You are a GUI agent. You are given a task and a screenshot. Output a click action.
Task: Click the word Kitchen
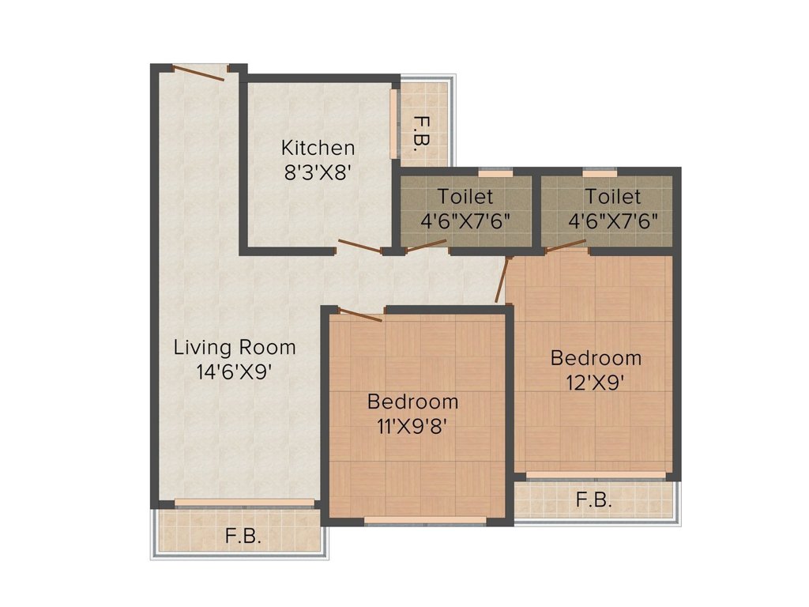pyautogui.click(x=318, y=148)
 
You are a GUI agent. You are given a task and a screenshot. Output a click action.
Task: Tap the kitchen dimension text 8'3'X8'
pyautogui.click(x=318, y=172)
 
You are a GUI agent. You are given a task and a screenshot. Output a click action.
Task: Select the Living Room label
pyautogui.click(x=235, y=347)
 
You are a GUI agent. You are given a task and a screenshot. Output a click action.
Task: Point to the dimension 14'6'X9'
pyautogui.click(x=235, y=371)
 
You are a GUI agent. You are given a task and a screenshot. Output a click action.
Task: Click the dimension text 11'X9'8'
pyautogui.click(x=412, y=426)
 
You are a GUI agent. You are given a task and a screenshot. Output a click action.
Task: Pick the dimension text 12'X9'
pyautogui.click(x=596, y=383)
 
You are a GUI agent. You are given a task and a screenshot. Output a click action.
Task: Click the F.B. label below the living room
pyautogui.click(x=242, y=536)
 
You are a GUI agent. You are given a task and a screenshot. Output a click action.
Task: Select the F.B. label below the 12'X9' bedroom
pyautogui.click(x=593, y=500)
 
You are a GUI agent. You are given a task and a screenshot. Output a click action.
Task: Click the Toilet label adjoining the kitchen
pyautogui.click(x=465, y=196)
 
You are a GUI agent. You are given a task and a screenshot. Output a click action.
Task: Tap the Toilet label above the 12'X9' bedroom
pyautogui.click(x=613, y=196)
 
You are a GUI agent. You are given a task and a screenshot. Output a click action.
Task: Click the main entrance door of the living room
pyautogui.click(x=199, y=73)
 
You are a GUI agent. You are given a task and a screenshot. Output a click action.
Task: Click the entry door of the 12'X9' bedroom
pyautogui.click(x=501, y=280)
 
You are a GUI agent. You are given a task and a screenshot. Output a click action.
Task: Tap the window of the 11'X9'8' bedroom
pyautogui.click(x=425, y=520)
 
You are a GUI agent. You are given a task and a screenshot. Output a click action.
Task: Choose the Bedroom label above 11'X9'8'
pyautogui.click(x=412, y=402)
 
